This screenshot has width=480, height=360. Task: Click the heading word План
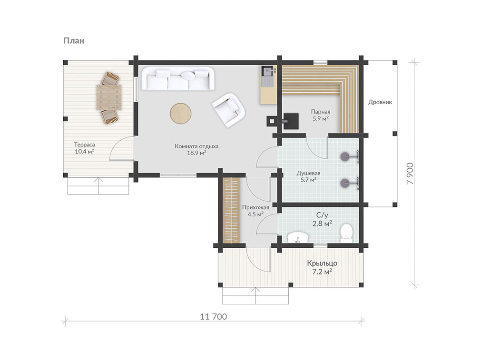click(74, 41)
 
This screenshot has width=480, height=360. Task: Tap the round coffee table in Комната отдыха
click(181, 113)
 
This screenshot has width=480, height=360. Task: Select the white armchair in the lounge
click(229, 110)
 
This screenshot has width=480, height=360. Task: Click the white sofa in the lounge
click(178, 78)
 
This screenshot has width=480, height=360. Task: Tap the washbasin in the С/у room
click(298, 238)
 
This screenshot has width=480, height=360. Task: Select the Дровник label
click(380, 102)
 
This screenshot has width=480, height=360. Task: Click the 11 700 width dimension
click(214, 317)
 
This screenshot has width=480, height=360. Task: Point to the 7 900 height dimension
click(410, 174)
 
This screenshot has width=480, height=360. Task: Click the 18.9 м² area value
click(196, 153)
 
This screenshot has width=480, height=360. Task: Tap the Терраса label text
click(85, 145)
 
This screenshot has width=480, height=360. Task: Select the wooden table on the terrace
click(108, 97)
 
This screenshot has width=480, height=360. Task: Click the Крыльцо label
click(322, 263)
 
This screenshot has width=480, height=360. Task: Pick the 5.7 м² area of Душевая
click(308, 180)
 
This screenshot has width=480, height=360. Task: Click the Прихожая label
click(255, 207)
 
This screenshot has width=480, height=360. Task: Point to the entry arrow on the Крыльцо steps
click(255, 295)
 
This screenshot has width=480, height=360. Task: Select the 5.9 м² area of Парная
click(321, 118)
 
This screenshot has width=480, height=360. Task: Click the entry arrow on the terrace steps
click(98, 185)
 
